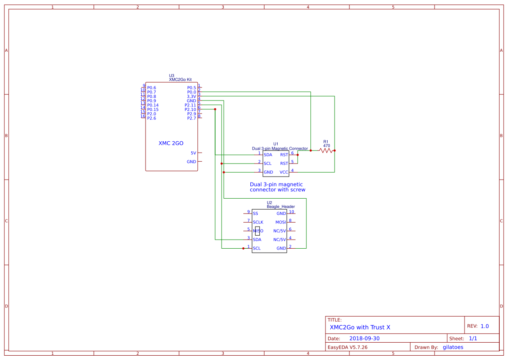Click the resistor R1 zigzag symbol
click(x=326, y=150)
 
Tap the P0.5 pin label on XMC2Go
click(x=192, y=88)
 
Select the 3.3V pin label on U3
click(x=192, y=97)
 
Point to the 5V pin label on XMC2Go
click(x=193, y=153)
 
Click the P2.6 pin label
click(x=152, y=118)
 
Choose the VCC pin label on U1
click(x=284, y=172)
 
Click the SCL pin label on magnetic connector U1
click(x=268, y=163)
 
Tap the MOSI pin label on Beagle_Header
click(x=281, y=222)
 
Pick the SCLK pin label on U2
click(x=258, y=222)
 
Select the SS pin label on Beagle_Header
click(x=256, y=213)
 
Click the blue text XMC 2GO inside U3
click(x=171, y=143)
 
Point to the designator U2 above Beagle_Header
click(x=269, y=203)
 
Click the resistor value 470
click(x=327, y=146)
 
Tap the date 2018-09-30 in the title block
click(x=364, y=338)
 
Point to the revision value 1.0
click(x=485, y=326)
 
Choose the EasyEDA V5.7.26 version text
click(x=347, y=347)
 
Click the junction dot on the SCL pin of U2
click(x=243, y=248)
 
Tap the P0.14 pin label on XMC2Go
click(x=153, y=105)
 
